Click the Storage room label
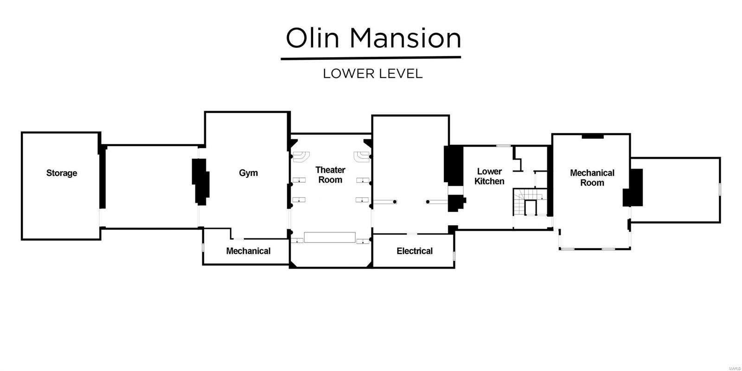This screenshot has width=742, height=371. (x=62, y=173)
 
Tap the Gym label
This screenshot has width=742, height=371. (x=249, y=173)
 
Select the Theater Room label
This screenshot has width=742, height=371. (x=330, y=175)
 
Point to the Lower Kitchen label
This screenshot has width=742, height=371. (x=489, y=176)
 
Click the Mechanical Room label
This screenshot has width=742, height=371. (x=592, y=178)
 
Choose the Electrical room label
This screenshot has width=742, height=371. (x=415, y=251)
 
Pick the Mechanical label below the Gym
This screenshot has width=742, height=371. (x=249, y=251)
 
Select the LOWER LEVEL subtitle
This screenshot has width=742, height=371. (x=373, y=74)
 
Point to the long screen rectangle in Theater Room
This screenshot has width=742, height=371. (x=330, y=237)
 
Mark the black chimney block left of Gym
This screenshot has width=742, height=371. (x=200, y=182)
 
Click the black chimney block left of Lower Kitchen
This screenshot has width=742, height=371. (x=454, y=166)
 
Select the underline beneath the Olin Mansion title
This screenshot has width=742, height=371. (x=371, y=59)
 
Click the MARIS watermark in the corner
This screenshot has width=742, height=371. (x=735, y=369)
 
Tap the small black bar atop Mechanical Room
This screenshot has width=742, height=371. (x=593, y=136)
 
